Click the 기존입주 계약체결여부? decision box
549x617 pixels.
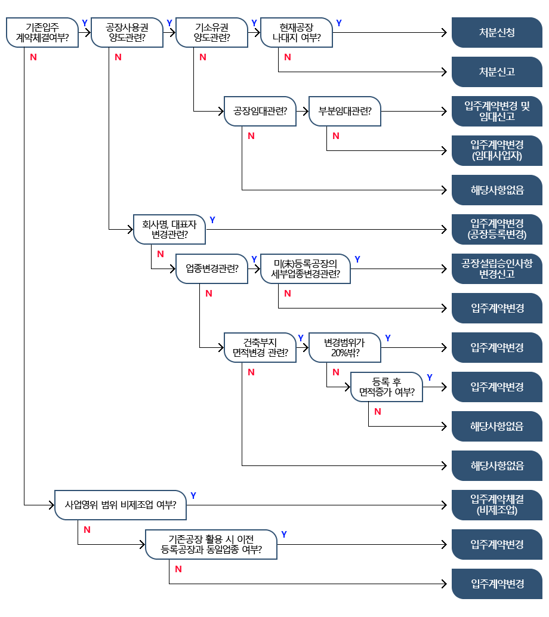tap(42, 33)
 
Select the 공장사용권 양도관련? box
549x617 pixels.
tap(127, 33)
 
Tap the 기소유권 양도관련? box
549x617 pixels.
tap(212, 33)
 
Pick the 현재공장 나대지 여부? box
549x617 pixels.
tap(297, 33)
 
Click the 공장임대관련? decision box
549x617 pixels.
tap(260, 112)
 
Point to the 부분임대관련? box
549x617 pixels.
tap(345, 112)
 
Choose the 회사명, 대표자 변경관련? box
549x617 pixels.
tap(169, 229)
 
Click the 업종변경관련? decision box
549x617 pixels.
tap(212, 269)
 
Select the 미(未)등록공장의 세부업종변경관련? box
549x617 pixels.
tap(306, 269)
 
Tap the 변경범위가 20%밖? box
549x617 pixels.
tap(345, 347)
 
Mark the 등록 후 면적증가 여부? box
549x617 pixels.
tap(387, 387)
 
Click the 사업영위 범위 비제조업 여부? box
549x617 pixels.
tap(121, 505)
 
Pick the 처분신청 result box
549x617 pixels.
tap(497, 33)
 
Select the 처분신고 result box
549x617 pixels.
tap(497, 72)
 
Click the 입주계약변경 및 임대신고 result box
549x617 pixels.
tap(497, 112)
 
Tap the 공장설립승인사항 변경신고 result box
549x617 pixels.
tap(497, 269)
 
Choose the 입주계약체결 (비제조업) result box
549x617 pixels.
tap(497, 505)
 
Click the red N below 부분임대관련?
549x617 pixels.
tap(336, 136)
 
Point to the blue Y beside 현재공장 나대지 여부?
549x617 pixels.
tap(339, 23)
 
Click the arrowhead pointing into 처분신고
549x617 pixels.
tap(445, 72)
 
